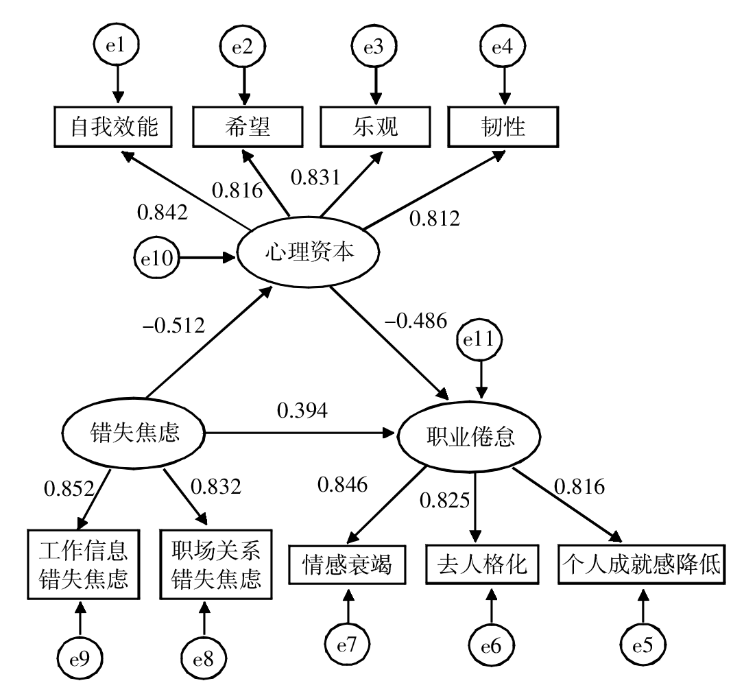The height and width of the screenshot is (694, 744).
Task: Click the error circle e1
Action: (x=117, y=45)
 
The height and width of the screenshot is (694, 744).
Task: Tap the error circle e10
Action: (x=156, y=258)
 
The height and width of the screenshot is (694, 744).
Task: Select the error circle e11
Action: (x=479, y=339)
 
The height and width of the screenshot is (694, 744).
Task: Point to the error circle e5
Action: (x=643, y=645)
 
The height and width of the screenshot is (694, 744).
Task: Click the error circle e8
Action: (x=204, y=658)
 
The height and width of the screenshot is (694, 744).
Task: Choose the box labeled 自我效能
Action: (x=113, y=127)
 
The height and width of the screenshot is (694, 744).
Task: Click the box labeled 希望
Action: (x=248, y=127)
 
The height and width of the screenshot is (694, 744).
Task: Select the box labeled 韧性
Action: (x=503, y=127)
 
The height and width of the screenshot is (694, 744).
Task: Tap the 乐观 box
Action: (x=375, y=127)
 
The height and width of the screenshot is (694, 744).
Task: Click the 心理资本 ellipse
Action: (x=309, y=252)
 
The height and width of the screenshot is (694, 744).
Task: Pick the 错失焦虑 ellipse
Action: (x=133, y=433)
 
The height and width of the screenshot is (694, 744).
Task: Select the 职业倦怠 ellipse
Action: (x=469, y=436)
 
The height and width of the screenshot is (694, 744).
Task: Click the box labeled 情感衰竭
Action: (x=348, y=564)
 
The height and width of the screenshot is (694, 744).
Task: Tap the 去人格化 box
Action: (x=482, y=564)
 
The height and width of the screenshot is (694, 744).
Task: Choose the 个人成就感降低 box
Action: (x=642, y=564)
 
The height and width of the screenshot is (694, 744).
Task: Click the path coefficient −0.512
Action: (x=173, y=326)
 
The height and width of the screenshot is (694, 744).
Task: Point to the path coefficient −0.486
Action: (x=416, y=321)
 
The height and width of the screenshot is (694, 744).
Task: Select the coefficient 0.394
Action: (x=302, y=411)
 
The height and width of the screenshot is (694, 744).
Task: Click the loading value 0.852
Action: (x=69, y=488)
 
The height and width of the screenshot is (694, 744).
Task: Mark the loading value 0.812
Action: (x=435, y=219)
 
